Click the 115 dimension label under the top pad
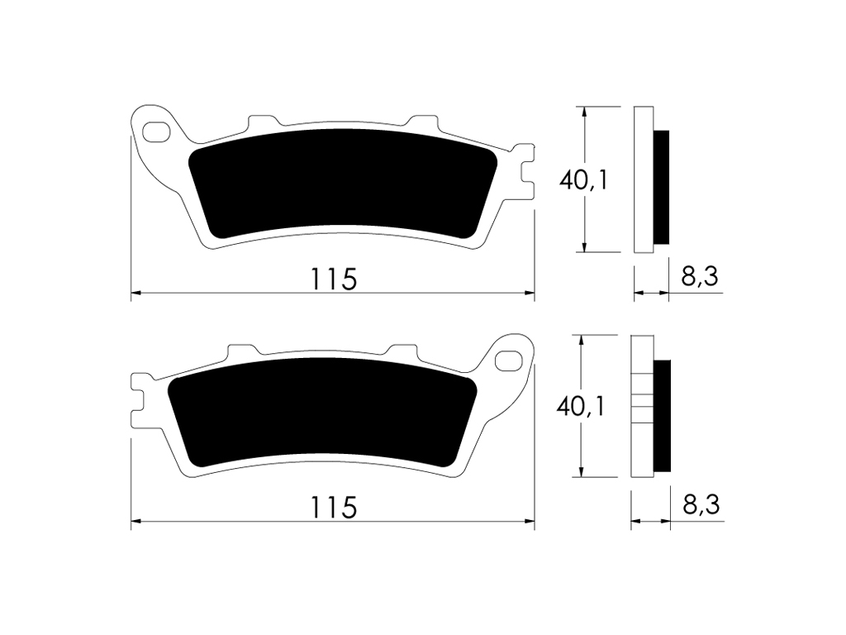pos(334,279)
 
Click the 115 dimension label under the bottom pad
pos(334,508)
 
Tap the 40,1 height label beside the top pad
pos(584,179)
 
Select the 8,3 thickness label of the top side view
pos(700,276)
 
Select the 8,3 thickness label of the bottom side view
pos(701,505)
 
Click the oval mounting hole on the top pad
pos(156,131)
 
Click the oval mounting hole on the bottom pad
pos(510,360)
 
